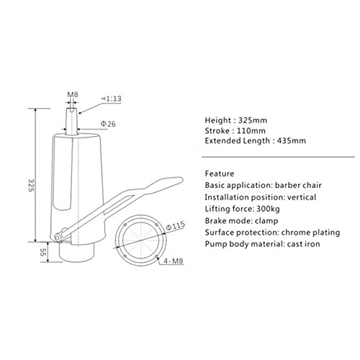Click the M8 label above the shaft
72,95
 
